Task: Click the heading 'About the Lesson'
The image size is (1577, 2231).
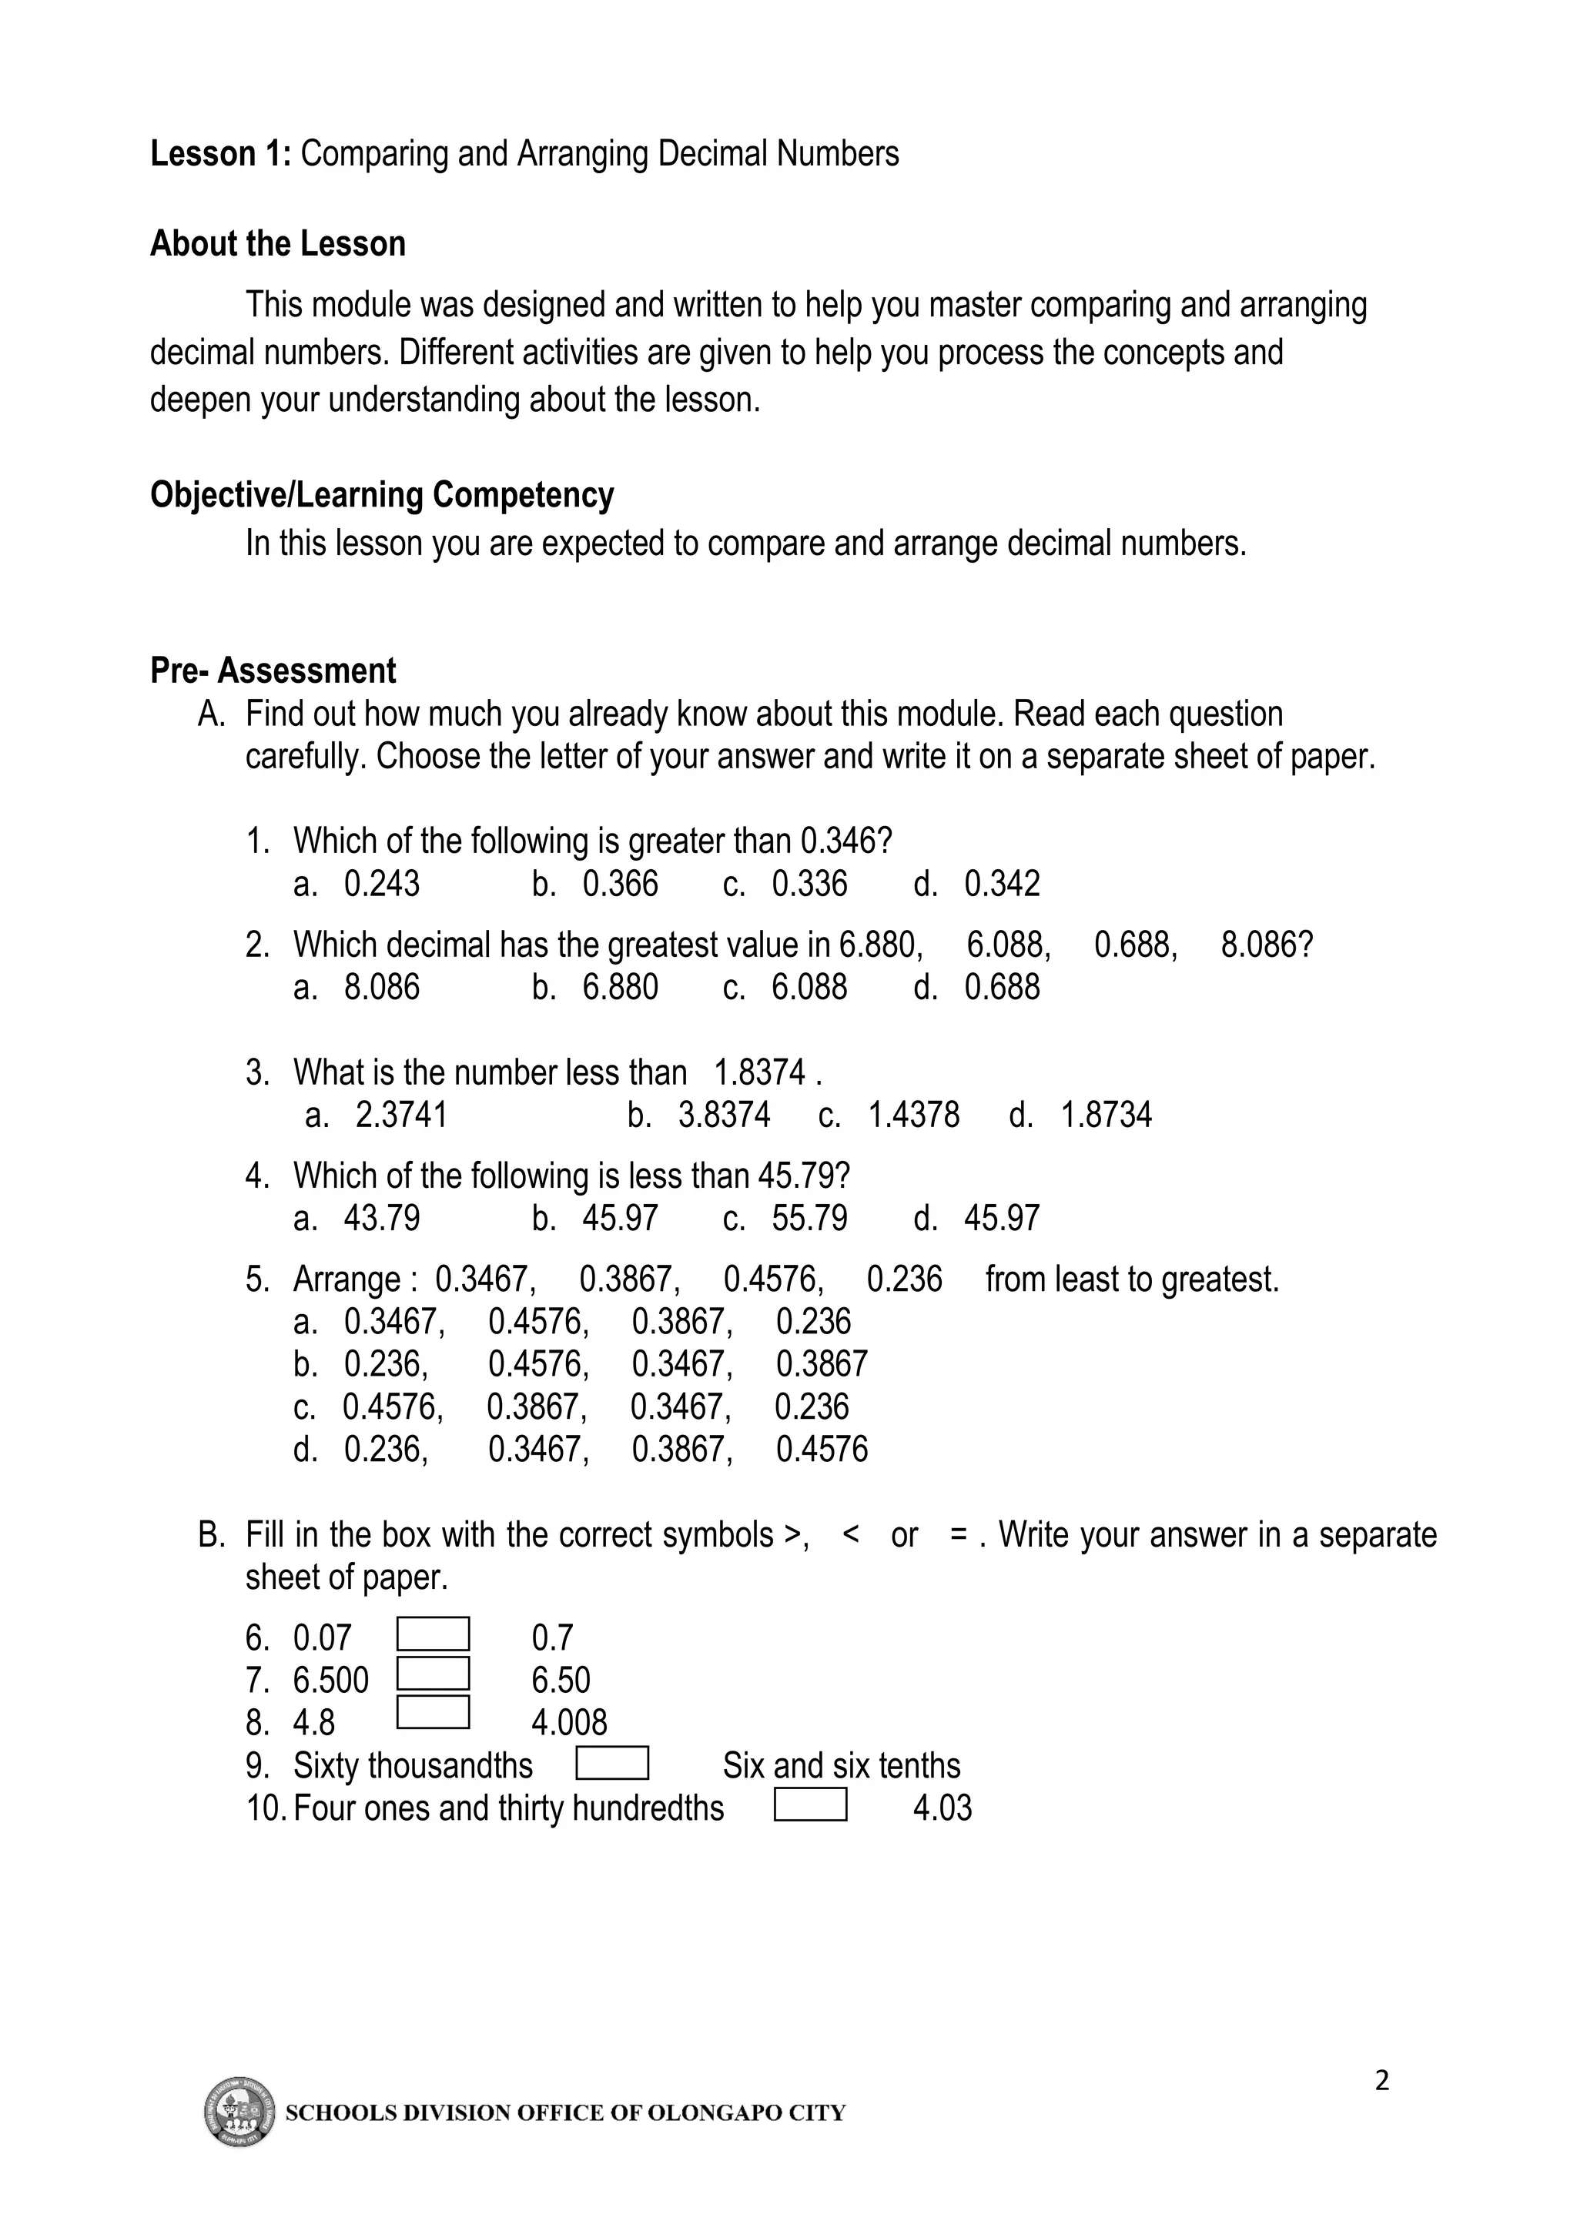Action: pyautogui.click(x=277, y=244)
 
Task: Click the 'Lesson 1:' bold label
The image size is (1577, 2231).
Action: pyautogui.click(x=219, y=153)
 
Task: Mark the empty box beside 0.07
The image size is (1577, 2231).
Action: pyautogui.click(x=434, y=1634)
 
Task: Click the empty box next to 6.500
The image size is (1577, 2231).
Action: pyautogui.click(x=434, y=1674)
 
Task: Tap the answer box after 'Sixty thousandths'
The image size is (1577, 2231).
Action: pyautogui.click(x=612, y=1764)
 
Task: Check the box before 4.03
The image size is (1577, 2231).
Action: pyautogui.click(x=810, y=1805)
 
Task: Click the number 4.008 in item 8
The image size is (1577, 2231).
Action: pyautogui.click(x=569, y=1723)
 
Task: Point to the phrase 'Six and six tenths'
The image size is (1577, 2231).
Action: pyautogui.click(x=842, y=1765)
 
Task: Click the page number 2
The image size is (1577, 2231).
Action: pyautogui.click(x=1381, y=2080)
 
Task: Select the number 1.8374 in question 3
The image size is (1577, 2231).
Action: pyautogui.click(x=760, y=1072)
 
